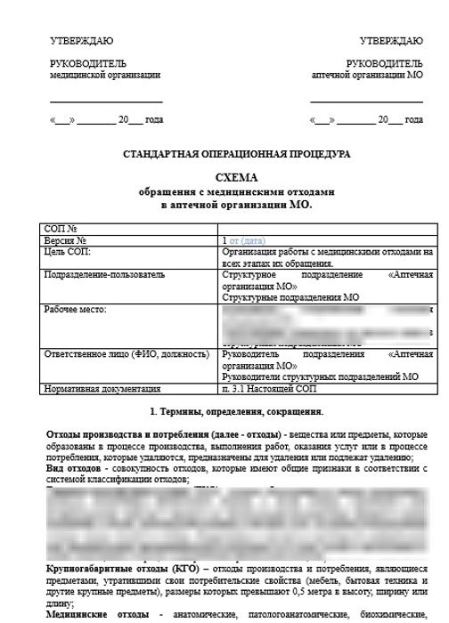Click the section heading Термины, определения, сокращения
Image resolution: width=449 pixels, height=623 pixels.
click(241, 412)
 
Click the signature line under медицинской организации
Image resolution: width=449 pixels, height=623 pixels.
click(106, 102)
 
